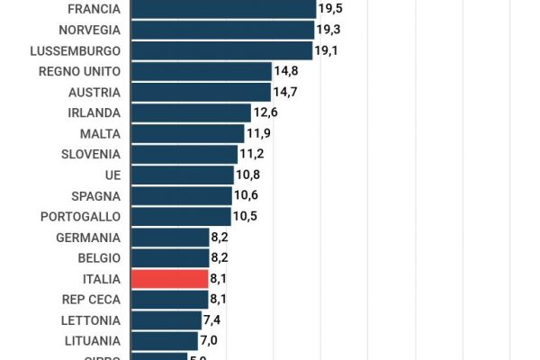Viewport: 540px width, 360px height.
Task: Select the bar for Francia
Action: [x=223, y=9]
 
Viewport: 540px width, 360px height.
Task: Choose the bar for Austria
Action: [x=201, y=92]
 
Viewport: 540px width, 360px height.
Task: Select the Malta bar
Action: [x=187, y=133]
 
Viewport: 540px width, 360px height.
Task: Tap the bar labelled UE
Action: [x=183, y=175]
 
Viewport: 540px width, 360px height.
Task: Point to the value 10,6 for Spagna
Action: [x=246, y=195]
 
